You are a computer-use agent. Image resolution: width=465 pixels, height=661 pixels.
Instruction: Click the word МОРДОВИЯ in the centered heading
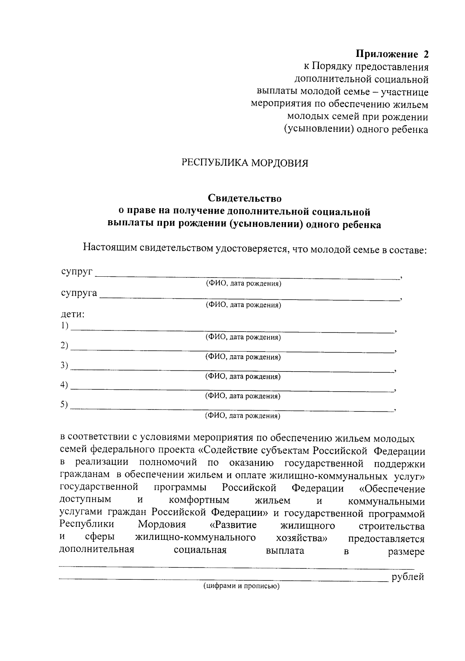(280, 163)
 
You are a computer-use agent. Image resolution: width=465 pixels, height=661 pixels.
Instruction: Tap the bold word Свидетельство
(245, 199)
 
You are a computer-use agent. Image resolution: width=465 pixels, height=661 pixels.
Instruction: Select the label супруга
(79, 293)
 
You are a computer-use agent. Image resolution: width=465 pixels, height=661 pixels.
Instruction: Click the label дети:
(73, 314)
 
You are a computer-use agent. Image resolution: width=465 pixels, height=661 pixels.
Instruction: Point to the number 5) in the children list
(64, 405)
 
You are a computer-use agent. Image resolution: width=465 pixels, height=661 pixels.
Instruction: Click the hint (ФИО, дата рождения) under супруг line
(243, 284)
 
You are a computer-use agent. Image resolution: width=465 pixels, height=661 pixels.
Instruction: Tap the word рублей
(408, 577)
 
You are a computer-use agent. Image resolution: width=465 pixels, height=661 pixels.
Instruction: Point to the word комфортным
(199, 500)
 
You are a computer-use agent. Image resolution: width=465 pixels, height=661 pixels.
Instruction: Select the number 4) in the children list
(64, 385)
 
